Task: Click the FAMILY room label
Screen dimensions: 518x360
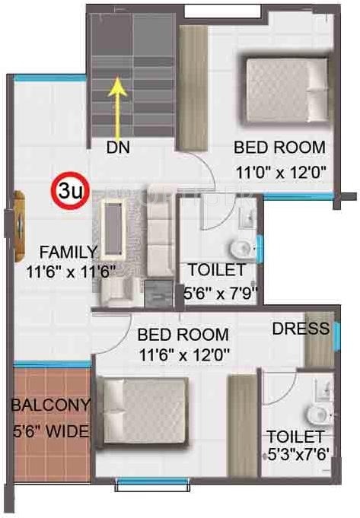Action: point(68,251)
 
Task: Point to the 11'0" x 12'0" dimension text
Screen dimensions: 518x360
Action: point(280,171)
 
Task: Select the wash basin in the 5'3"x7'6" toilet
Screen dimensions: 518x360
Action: point(316,413)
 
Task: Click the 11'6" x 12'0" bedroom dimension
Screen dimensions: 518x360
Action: point(182,354)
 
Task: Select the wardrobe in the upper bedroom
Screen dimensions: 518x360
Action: point(187,87)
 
